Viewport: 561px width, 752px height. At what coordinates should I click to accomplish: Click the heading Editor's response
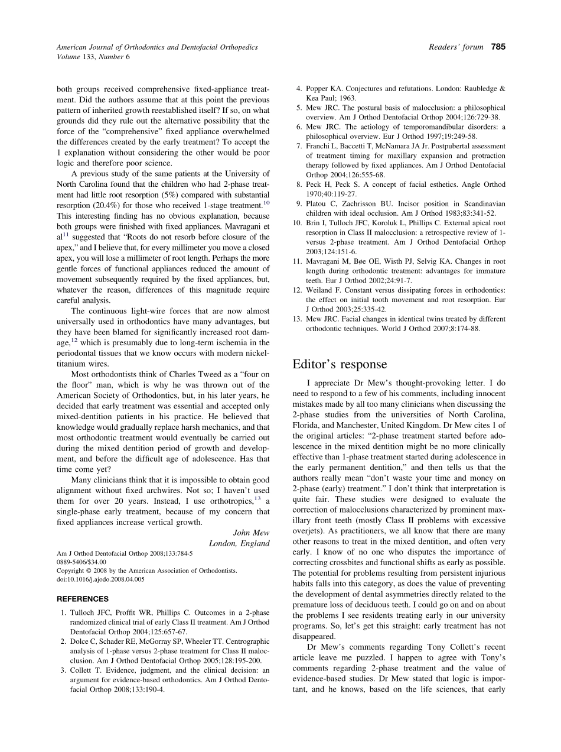point(340,364)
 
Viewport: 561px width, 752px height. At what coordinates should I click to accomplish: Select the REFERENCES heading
point(83,599)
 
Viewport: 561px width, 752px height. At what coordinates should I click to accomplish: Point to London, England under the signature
point(239,543)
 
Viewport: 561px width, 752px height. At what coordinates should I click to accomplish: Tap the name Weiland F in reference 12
point(325,290)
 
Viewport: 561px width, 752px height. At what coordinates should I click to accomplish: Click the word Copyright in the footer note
point(71,571)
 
